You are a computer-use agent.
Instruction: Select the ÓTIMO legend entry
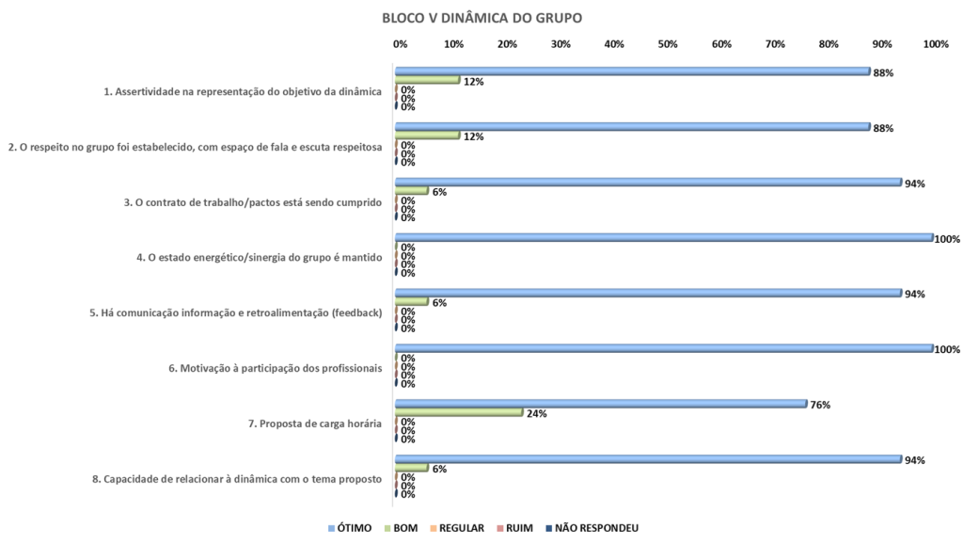tap(356, 527)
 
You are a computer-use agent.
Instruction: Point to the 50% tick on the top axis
tap(668, 44)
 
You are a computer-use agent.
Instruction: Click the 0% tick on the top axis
tap(400, 44)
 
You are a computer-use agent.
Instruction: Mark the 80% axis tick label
tap(829, 44)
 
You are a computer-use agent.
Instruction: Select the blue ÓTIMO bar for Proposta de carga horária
tap(601, 404)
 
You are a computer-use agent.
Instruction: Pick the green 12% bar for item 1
tap(428, 80)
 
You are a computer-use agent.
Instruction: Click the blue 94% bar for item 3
tap(648, 183)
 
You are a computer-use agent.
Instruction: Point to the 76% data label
tap(820, 405)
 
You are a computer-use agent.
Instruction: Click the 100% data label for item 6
tap(947, 349)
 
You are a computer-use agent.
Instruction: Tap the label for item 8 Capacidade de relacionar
tap(237, 479)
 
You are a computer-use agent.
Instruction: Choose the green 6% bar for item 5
tap(412, 302)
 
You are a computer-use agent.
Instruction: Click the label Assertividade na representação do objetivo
tap(243, 91)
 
